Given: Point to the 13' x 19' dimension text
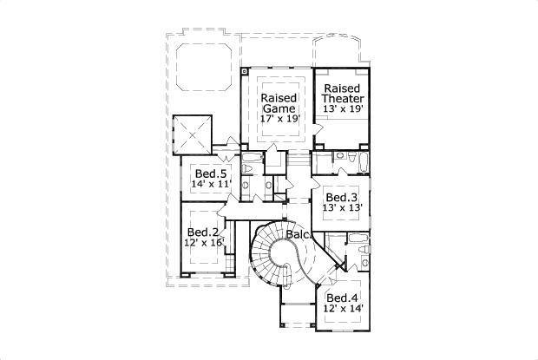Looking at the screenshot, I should [343, 111].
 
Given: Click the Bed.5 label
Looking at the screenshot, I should [211, 173].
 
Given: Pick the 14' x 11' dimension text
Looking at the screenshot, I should [211, 185].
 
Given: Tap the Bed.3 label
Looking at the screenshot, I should [342, 197].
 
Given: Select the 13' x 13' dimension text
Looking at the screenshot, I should [342, 208].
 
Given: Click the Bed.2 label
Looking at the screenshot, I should [202, 232].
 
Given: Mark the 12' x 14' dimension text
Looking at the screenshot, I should [343, 308].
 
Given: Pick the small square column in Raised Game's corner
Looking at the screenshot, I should [246, 70].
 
